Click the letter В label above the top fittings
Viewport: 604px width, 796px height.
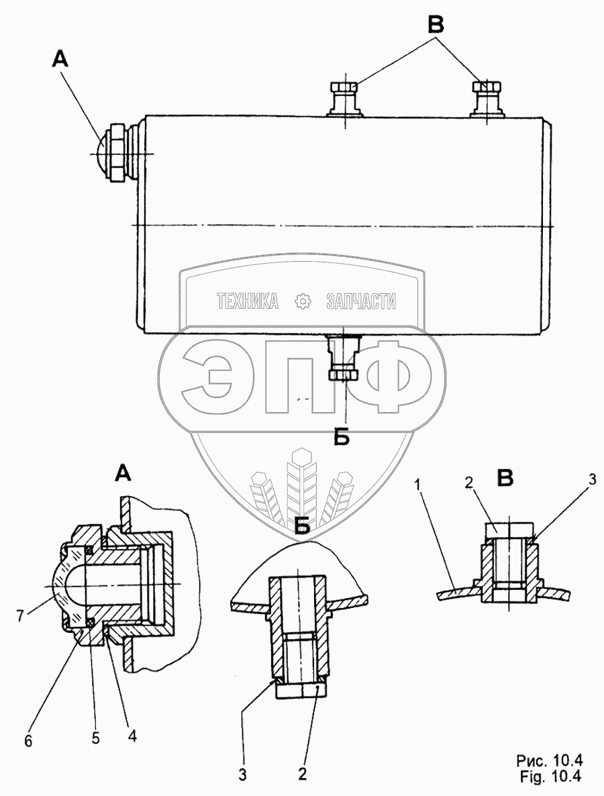[x=436, y=23]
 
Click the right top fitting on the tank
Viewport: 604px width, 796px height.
[x=486, y=99]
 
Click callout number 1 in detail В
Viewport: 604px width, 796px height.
[x=417, y=486]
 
